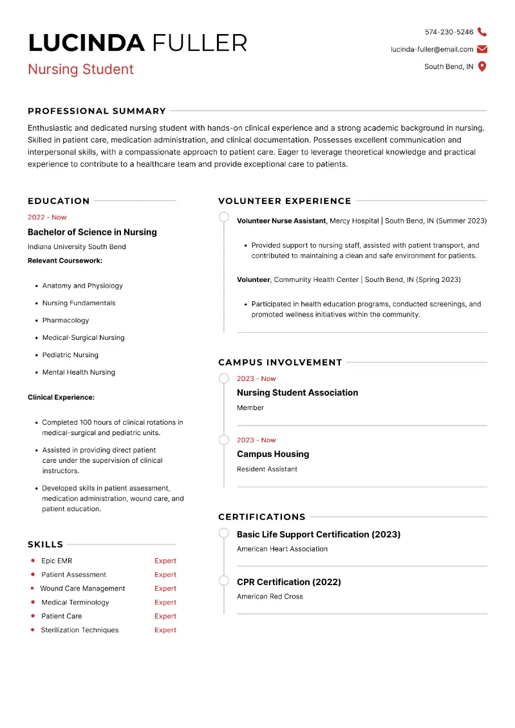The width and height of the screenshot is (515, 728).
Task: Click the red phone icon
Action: (x=482, y=32)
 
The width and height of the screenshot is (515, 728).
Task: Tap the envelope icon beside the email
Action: (x=482, y=49)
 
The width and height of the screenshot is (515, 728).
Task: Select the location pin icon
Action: (x=482, y=66)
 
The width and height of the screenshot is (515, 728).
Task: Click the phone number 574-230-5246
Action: (x=449, y=32)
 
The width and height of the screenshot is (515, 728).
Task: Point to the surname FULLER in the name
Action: (x=200, y=43)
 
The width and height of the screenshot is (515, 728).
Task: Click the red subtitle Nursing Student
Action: (x=80, y=70)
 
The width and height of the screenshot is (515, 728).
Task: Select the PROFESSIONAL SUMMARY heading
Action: (x=97, y=111)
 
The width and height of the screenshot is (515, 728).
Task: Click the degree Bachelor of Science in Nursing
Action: (x=92, y=232)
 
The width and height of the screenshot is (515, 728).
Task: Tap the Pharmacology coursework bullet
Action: (x=66, y=321)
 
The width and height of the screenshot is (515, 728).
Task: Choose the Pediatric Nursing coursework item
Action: (x=70, y=355)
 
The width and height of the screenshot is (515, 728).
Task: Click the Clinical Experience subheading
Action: (x=61, y=398)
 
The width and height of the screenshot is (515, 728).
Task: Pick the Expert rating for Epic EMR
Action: (x=165, y=561)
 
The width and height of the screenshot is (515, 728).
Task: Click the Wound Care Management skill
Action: (x=82, y=589)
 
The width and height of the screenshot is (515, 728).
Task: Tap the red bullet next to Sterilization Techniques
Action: (x=32, y=630)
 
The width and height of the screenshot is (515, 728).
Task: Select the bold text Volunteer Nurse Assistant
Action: (x=281, y=221)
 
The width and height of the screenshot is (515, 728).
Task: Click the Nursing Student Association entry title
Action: (x=297, y=393)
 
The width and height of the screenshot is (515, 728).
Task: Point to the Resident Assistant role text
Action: (x=267, y=469)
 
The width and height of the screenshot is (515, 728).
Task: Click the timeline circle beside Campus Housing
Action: (x=224, y=440)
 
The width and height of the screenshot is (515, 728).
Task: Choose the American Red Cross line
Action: (x=270, y=597)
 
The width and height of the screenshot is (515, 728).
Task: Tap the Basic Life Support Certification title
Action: (x=319, y=534)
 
